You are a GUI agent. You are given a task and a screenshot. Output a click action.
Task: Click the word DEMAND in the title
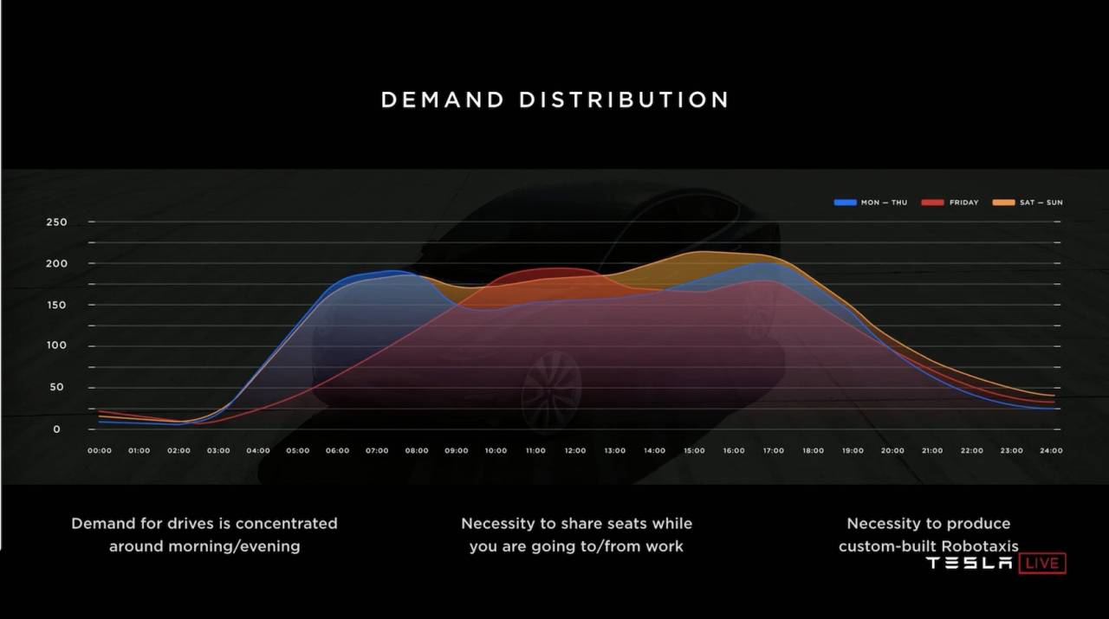[442, 100]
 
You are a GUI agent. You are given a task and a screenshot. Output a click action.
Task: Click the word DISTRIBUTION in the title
[624, 100]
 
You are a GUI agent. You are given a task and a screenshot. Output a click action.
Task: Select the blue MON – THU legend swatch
[845, 203]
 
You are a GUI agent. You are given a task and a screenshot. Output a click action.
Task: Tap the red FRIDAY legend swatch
[933, 203]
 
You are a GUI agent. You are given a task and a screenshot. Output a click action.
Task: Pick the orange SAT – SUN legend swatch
[1003, 203]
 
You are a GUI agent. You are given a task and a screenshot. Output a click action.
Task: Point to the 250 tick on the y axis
[56, 222]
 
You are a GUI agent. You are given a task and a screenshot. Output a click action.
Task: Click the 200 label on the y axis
[56, 264]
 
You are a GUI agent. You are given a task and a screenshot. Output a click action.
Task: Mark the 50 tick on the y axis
[56, 388]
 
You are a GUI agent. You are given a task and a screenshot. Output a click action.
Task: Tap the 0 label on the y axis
[56, 429]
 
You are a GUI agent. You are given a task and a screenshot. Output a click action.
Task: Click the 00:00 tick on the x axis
[100, 451]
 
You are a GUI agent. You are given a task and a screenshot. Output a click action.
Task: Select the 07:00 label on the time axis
[377, 451]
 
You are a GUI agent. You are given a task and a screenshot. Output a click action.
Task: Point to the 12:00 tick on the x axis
[575, 451]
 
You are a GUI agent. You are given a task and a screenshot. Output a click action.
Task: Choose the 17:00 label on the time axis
[774, 451]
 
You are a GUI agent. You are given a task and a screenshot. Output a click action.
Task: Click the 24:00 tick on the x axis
[1051, 451]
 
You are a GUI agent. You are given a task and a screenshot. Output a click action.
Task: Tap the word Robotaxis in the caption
[980, 546]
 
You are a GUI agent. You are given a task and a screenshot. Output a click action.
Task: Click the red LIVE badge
[1042, 563]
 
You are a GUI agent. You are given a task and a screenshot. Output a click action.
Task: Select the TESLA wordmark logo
[969, 563]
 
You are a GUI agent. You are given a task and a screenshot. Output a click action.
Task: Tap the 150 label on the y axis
[56, 306]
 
